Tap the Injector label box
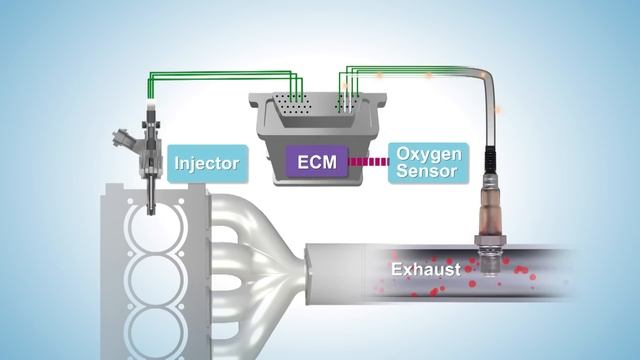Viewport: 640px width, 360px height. [x=207, y=161]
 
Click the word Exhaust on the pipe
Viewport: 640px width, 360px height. [x=425, y=269]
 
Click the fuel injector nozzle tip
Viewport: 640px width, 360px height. [x=149, y=208]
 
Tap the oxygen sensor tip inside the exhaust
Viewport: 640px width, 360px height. [x=489, y=264]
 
